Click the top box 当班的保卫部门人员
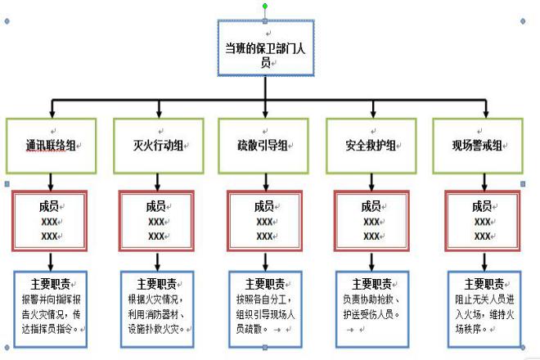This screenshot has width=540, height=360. [264, 47]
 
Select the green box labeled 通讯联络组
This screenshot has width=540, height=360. [51, 145]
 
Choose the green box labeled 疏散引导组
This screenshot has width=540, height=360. [263, 145]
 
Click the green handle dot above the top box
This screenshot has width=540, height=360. [264, 6]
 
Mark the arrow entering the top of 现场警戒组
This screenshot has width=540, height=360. [484, 110]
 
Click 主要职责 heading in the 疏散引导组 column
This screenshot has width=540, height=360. [263, 284]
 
